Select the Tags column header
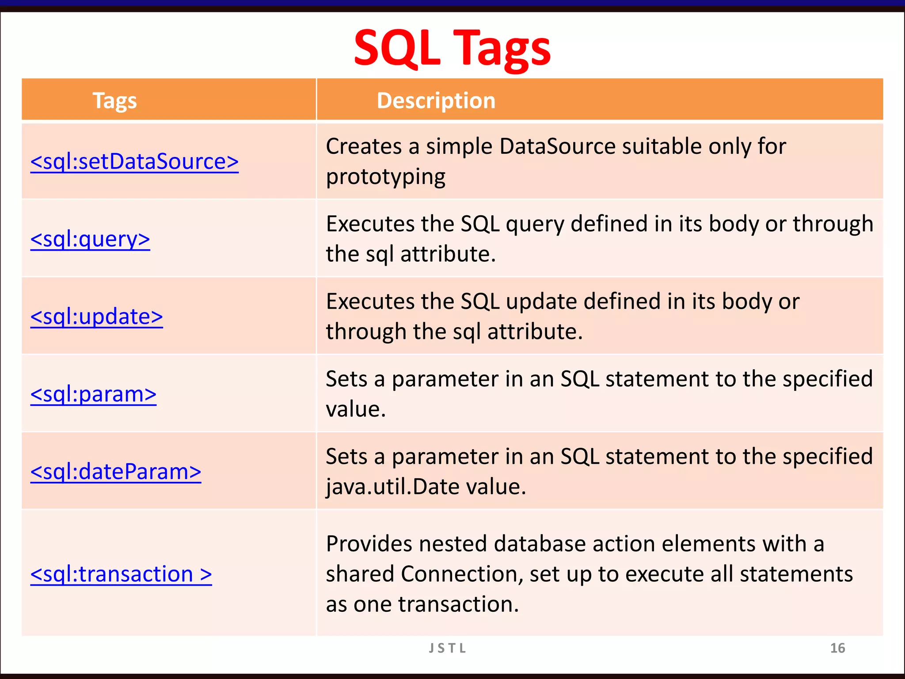[114, 101]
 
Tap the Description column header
[436, 101]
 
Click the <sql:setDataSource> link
[134, 161]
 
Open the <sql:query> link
[90, 239]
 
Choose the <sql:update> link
[96, 317]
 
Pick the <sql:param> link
[93, 394]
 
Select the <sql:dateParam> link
[116, 472]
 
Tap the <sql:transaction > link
[121, 574]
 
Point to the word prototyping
[385, 177]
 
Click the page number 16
[837, 648]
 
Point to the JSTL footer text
[448, 648]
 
